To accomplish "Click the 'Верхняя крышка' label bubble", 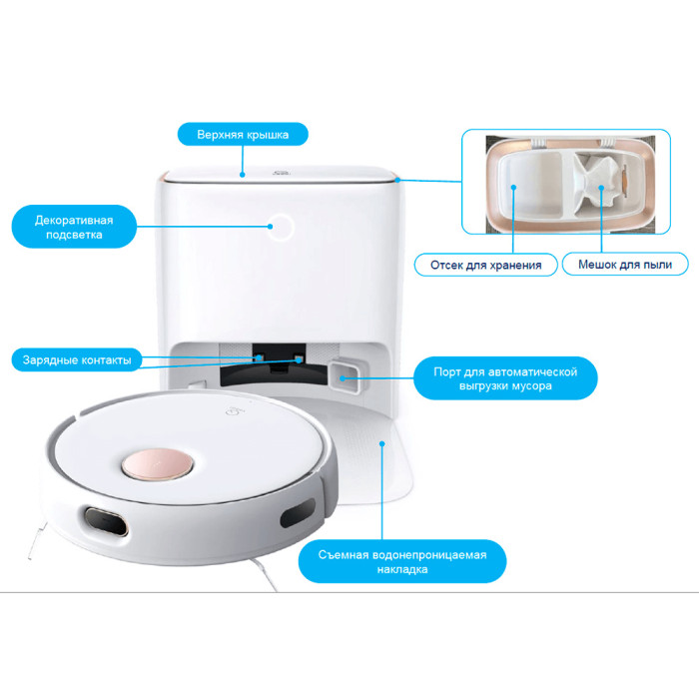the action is coord(243,134).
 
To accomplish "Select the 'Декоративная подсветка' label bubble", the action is coord(74,227).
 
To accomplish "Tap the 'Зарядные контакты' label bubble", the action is coord(77,359).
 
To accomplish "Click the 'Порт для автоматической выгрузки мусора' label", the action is coord(505,378).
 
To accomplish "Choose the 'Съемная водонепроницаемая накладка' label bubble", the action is coord(402,561).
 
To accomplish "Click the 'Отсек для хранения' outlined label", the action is coord(486,265).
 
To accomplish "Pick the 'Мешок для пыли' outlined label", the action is coord(625,265).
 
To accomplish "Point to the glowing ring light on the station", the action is coord(281,228).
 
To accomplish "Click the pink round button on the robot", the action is coord(158,464).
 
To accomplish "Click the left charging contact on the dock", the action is coord(259,357).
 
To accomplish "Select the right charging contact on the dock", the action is coord(300,358).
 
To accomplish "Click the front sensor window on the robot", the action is coord(106,521).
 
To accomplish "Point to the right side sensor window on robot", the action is coord(298,512).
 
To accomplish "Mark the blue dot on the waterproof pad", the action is coord(382,443).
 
